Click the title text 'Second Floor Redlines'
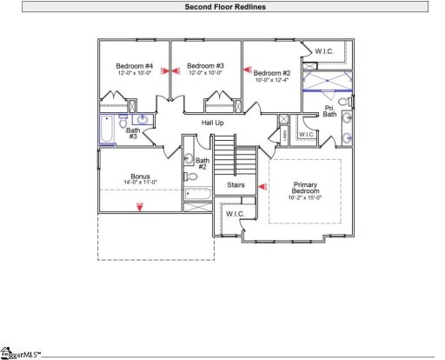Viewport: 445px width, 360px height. point(225,7)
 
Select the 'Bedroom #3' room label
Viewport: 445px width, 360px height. point(206,66)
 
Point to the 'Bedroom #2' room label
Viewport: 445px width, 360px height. point(272,73)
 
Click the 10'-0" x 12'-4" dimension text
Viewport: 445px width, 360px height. point(272,81)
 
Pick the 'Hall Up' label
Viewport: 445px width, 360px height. point(213,123)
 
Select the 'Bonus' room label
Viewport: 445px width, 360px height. point(140,177)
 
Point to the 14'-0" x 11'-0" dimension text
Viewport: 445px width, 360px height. point(140,183)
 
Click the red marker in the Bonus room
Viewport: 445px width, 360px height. point(139,204)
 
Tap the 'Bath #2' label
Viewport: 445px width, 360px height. point(203,163)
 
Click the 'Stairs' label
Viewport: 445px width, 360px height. point(236,185)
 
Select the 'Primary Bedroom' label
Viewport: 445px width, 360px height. point(305,189)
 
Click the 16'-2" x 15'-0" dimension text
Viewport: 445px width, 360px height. point(305,197)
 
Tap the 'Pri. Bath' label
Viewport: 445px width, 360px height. point(330,111)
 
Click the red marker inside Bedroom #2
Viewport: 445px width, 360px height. point(247,73)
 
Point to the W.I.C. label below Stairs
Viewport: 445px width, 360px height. point(236,213)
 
